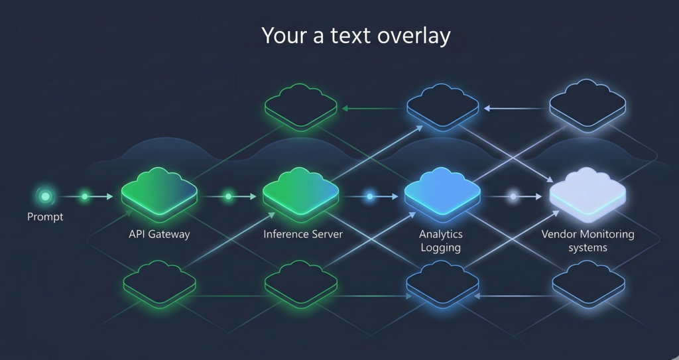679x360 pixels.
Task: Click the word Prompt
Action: (45, 217)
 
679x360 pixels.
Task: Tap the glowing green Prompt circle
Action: (45, 196)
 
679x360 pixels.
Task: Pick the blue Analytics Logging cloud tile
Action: (442, 194)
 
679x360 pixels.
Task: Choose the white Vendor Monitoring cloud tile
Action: (587, 194)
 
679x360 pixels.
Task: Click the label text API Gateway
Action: (159, 234)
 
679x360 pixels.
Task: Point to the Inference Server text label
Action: (303, 234)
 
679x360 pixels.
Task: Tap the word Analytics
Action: (441, 234)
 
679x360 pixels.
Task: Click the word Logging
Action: (441, 248)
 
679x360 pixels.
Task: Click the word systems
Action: (587, 248)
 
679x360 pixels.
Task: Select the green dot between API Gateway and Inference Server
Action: (229, 196)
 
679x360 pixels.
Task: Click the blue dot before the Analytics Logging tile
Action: (370, 196)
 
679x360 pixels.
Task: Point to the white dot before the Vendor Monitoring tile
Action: (513, 196)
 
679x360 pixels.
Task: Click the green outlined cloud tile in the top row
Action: (301, 106)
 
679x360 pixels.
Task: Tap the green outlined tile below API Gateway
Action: (159, 284)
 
